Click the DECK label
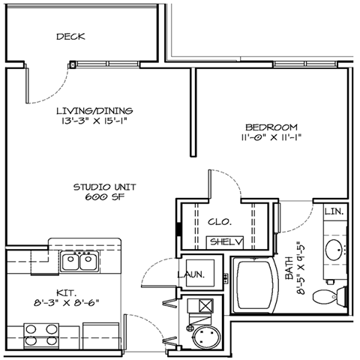(70, 36)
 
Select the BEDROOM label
(271, 127)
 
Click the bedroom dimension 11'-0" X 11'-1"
(271, 139)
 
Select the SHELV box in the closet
(225, 242)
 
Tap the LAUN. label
(192, 274)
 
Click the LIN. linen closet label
(333, 212)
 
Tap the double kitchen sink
(78, 261)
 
